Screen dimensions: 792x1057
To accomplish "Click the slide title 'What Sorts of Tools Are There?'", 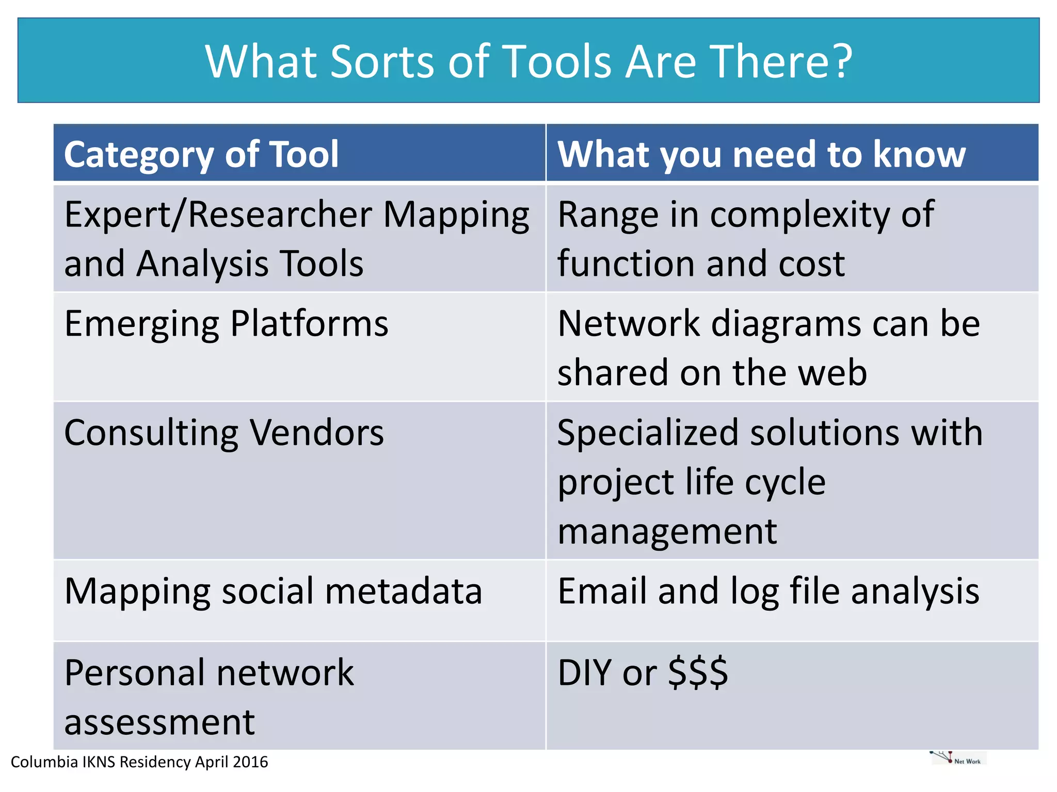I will (x=528, y=61).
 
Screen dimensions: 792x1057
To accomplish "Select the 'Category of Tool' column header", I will (x=201, y=154).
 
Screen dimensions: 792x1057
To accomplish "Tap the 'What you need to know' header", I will (x=761, y=154).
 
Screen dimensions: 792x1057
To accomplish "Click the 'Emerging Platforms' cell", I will (x=226, y=324).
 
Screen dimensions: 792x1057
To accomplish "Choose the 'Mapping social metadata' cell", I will (x=273, y=591).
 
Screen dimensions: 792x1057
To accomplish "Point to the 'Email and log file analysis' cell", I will (x=768, y=591).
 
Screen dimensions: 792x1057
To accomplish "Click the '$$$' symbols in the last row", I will (x=698, y=672).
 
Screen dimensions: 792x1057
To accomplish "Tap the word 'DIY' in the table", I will (x=585, y=672).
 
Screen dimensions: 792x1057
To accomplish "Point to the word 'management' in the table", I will (x=667, y=531).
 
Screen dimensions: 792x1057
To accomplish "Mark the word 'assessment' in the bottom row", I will (x=159, y=722).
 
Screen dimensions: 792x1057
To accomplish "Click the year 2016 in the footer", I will (x=250, y=762).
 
